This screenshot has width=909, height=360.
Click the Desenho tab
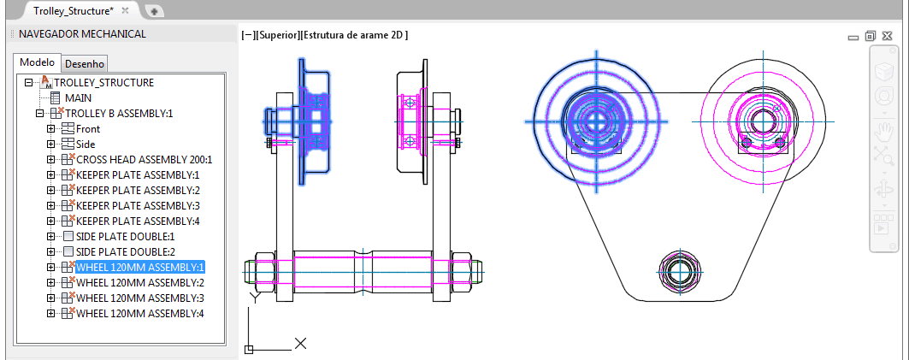pyautogui.click(x=84, y=64)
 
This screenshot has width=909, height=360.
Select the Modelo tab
pyautogui.click(x=37, y=62)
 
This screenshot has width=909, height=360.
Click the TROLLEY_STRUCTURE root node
pyautogui.click(x=103, y=82)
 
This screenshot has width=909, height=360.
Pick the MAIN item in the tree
pyautogui.click(x=78, y=98)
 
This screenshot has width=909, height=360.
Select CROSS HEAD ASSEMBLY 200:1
pyautogui.click(x=145, y=159)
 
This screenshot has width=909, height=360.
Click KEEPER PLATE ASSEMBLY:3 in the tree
pyautogui.click(x=138, y=206)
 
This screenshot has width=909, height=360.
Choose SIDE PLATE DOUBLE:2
pyautogui.click(x=125, y=252)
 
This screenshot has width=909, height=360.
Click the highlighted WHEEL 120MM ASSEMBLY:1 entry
pyautogui.click(x=140, y=268)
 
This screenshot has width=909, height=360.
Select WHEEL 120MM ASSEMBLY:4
pyautogui.click(x=140, y=314)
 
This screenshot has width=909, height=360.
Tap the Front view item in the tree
pyautogui.click(x=87, y=129)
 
